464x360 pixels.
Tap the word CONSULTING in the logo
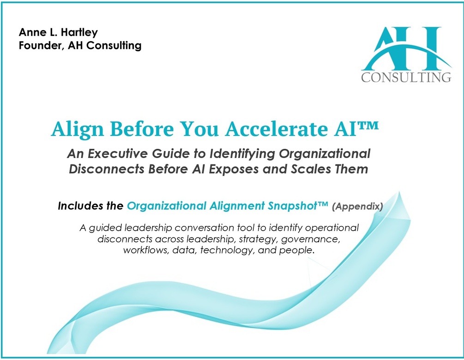[x=406, y=77]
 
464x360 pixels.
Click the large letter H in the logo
[x=424, y=48]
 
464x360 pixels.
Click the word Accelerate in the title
[x=277, y=129]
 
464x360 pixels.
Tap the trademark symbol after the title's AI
[x=368, y=125]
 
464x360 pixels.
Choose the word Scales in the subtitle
[x=311, y=169]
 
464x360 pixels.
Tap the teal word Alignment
[x=237, y=206]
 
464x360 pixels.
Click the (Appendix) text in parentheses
[x=357, y=206]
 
